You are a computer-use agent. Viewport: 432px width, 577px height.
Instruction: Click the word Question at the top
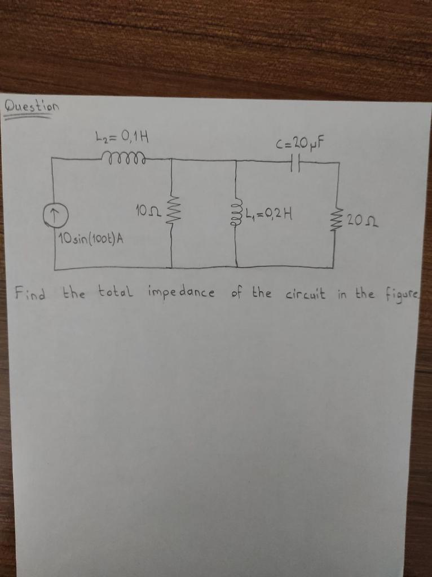coord(31,105)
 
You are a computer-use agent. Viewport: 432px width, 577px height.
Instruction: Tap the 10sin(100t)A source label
coord(90,239)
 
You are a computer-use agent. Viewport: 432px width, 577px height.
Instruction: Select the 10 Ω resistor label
coord(148,211)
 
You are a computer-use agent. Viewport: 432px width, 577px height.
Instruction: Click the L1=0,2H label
coord(269,214)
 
